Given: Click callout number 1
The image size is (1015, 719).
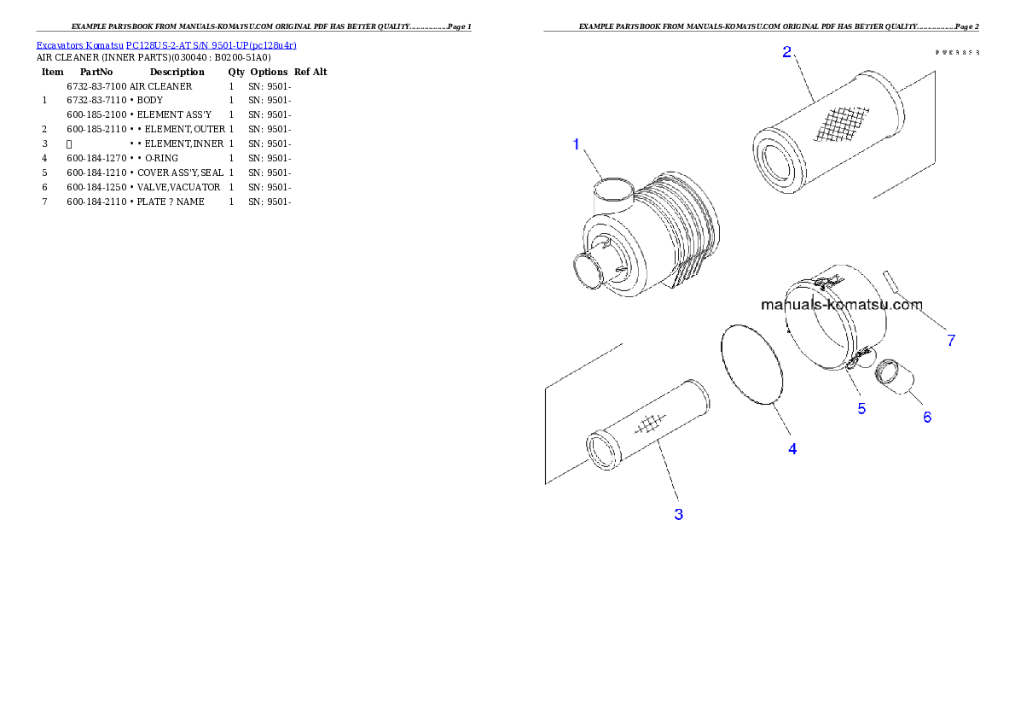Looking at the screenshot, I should (x=576, y=145).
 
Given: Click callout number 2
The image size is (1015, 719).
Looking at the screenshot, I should (x=786, y=52).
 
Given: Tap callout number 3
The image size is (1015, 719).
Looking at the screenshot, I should (x=678, y=514).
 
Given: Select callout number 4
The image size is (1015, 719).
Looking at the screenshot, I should (x=792, y=448).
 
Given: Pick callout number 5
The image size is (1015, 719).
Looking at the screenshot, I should (x=861, y=408).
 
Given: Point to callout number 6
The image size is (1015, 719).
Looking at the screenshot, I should (x=926, y=417).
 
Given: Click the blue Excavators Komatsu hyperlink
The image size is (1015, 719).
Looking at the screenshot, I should (x=166, y=45).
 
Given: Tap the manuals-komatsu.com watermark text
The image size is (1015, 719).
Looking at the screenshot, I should (x=841, y=304).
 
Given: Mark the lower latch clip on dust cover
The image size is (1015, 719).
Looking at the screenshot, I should (x=858, y=353).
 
